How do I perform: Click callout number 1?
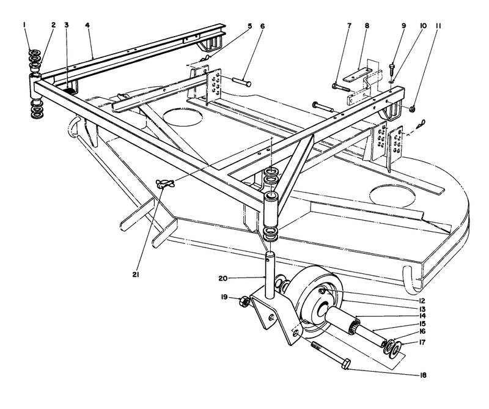(x=24, y=25)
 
